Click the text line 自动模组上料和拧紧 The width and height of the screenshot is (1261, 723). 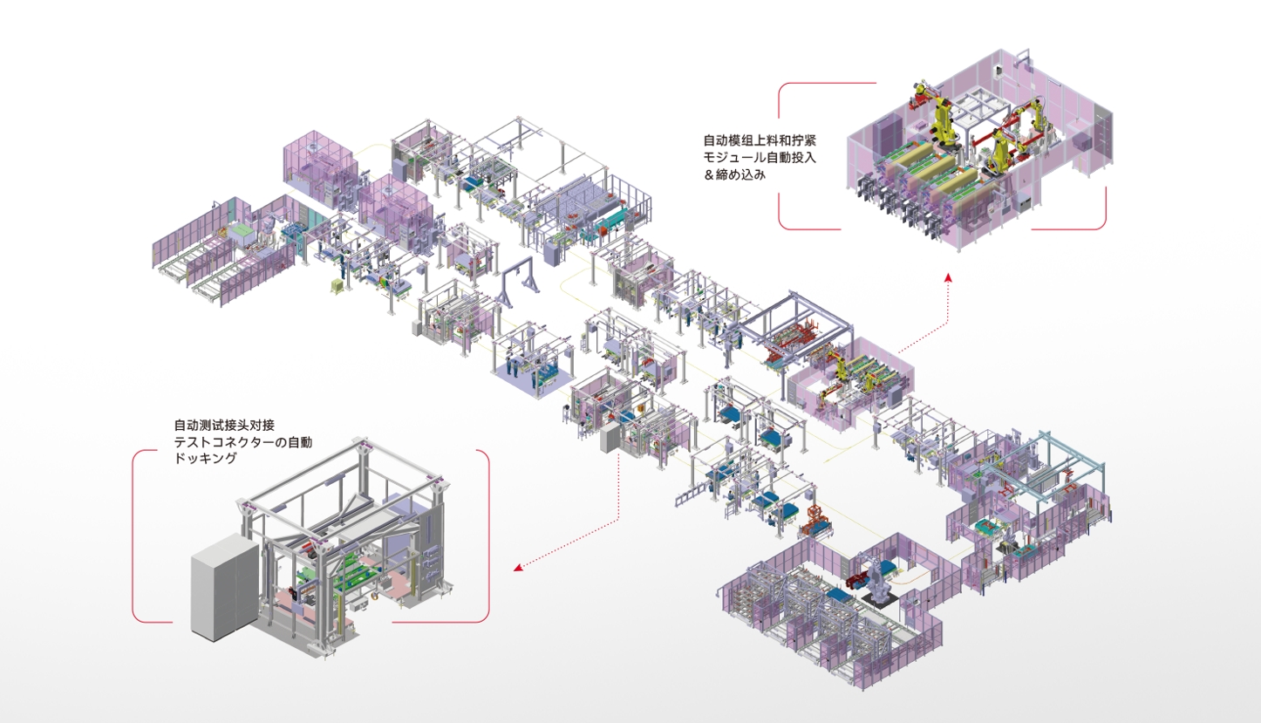(x=762, y=140)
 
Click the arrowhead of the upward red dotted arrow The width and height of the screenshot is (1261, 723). (x=949, y=277)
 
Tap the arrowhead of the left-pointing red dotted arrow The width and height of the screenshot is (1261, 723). (x=518, y=569)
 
